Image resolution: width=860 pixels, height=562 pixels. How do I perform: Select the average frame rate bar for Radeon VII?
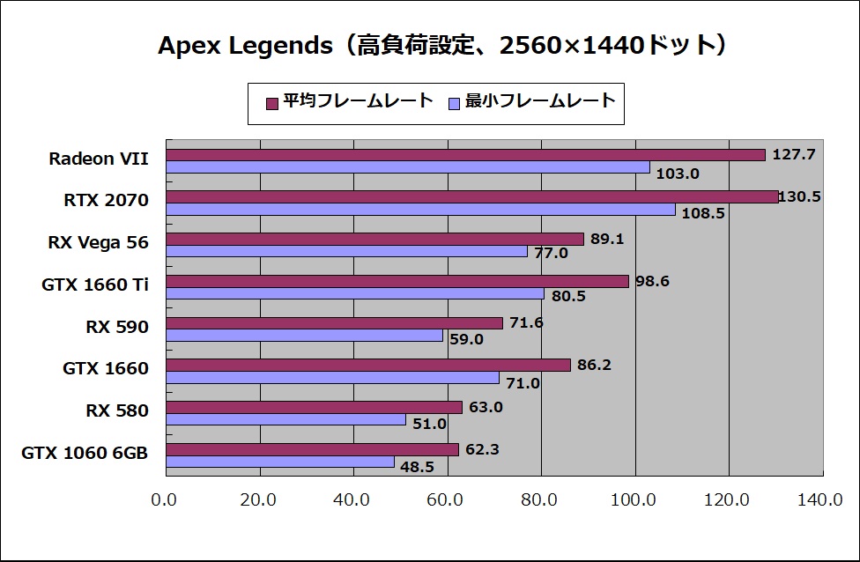pyautogui.click(x=465, y=155)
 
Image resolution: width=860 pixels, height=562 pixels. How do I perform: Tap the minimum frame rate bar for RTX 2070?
pyautogui.click(x=420, y=210)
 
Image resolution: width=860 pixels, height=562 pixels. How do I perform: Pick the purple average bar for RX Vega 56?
pyautogui.click(x=374, y=239)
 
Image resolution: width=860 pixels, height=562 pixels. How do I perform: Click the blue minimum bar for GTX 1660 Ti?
pyautogui.click(x=354, y=293)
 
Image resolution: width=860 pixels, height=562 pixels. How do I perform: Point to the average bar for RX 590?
pyautogui.click(x=334, y=323)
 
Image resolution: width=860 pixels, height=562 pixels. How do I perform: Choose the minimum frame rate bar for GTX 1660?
pyautogui.click(x=332, y=378)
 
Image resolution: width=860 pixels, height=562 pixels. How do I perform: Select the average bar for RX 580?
pyautogui.click(x=314, y=407)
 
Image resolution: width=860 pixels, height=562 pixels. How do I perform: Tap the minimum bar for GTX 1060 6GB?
pyautogui.click(x=280, y=462)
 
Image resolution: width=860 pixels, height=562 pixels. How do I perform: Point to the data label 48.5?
pyautogui.click(x=417, y=467)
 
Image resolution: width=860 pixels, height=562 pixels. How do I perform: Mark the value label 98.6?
pyautogui.click(x=652, y=281)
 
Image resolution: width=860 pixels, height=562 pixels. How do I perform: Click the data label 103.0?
pyautogui.click(x=678, y=174)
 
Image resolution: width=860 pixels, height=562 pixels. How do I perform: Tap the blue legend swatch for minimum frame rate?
pyautogui.click(x=455, y=103)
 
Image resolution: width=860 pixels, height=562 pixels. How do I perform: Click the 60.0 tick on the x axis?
pyautogui.click(x=446, y=500)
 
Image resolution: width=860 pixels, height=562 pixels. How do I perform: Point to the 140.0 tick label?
pyautogui.click(x=819, y=500)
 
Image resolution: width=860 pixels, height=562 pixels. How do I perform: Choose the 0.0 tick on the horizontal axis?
pyautogui.click(x=165, y=500)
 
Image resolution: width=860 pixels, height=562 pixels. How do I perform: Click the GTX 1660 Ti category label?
pyautogui.click(x=95, y=285)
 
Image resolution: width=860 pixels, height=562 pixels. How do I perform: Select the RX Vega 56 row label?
pyautogui.click(x=99, y=243)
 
